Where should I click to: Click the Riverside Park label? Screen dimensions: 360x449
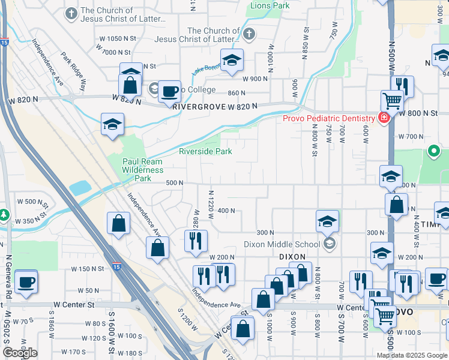[205, 152]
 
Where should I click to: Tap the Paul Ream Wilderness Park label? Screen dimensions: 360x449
[143, 170]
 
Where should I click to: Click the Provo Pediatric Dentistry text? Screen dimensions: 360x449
[328, 118]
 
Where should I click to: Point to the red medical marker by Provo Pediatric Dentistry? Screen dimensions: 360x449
[383, 118]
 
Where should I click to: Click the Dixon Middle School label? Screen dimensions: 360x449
[282, 244]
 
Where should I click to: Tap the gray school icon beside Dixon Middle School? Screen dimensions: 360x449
[328, 244]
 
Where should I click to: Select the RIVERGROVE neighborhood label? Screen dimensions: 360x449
[198, 106]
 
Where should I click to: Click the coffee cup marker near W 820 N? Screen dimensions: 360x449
[170, 92]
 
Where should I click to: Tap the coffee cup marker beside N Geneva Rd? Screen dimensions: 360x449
[26, 282]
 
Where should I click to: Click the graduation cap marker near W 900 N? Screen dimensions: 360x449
[232, 60]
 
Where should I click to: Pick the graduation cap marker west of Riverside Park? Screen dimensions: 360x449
[112, 124]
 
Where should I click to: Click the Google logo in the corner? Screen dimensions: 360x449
[20, 353]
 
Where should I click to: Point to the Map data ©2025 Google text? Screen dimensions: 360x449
[411, 355]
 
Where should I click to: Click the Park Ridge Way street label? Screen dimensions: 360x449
[73, 67]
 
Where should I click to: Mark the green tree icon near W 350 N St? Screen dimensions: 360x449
[4, 214]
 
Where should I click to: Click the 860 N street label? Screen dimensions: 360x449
[237, 93]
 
